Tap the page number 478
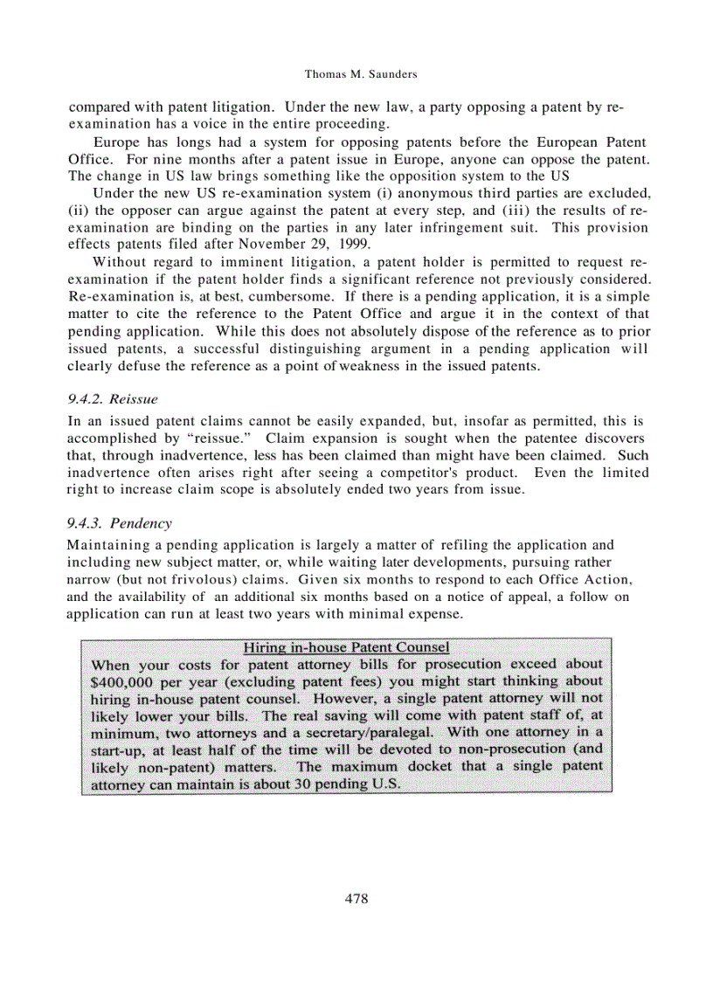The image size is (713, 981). [x=356, y=898]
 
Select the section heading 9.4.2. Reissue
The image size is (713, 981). [x=113, y=398]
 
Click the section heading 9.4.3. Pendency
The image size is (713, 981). [x=119, y=523]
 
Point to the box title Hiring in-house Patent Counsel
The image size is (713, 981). [x=346, y=647]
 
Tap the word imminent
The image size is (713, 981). [x=235, y=262]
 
